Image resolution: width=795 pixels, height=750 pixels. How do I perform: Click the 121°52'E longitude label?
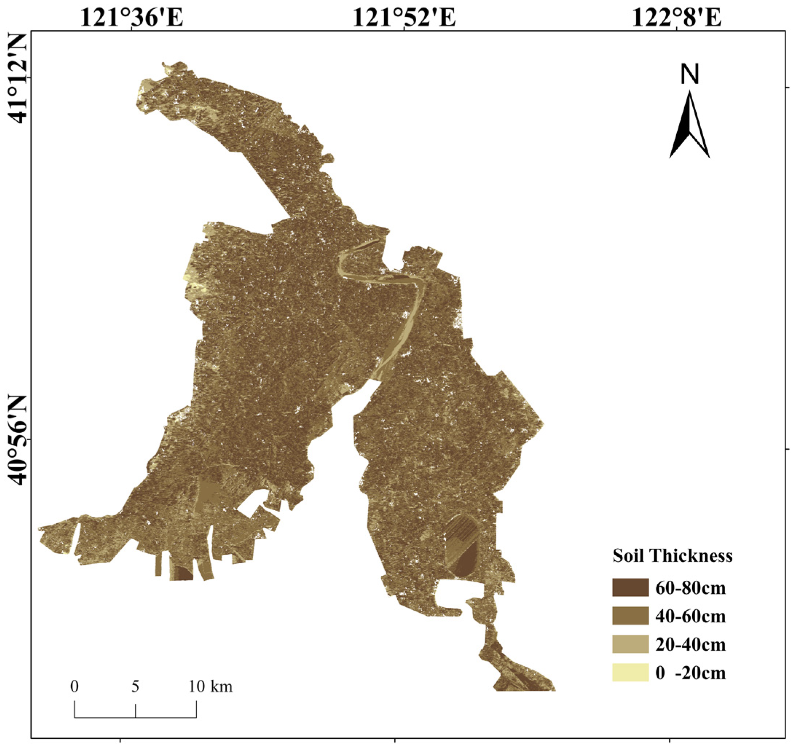404,18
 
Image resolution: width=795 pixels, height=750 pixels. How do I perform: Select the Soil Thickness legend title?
672,556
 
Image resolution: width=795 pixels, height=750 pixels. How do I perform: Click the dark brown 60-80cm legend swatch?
630,587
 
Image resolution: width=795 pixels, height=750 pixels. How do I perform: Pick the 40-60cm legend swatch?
630,616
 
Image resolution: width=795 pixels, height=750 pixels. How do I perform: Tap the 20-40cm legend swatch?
630,644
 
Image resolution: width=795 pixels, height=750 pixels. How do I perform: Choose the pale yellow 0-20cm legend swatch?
630,672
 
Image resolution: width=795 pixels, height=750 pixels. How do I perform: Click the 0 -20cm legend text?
690,673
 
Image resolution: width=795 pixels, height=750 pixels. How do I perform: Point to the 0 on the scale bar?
74,686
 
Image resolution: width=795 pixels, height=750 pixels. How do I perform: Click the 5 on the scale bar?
135,686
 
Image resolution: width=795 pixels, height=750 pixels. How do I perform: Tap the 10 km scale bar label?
210,686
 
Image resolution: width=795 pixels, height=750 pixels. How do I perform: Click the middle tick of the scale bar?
135,710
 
